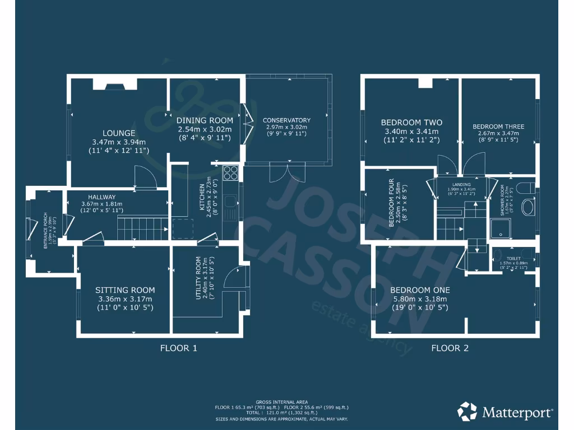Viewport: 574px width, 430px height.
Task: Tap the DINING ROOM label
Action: (204, 121)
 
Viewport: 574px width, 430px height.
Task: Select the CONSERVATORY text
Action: (286, 120)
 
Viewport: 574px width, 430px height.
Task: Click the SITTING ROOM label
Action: (125, 290)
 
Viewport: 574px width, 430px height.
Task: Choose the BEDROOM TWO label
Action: (411, 123)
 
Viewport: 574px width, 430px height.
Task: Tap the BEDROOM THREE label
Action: (498, 127)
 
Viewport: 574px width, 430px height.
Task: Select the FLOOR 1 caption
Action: (179, 348)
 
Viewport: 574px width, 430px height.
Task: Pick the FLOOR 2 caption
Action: (450, 348)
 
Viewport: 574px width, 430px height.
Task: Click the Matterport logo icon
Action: (467, 412)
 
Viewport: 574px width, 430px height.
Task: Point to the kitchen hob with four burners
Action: (230, 172)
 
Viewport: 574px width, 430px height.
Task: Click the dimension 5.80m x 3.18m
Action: (420, 299)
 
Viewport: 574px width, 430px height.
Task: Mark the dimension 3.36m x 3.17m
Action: (125, 299)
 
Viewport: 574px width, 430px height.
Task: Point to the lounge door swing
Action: (146, 177)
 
